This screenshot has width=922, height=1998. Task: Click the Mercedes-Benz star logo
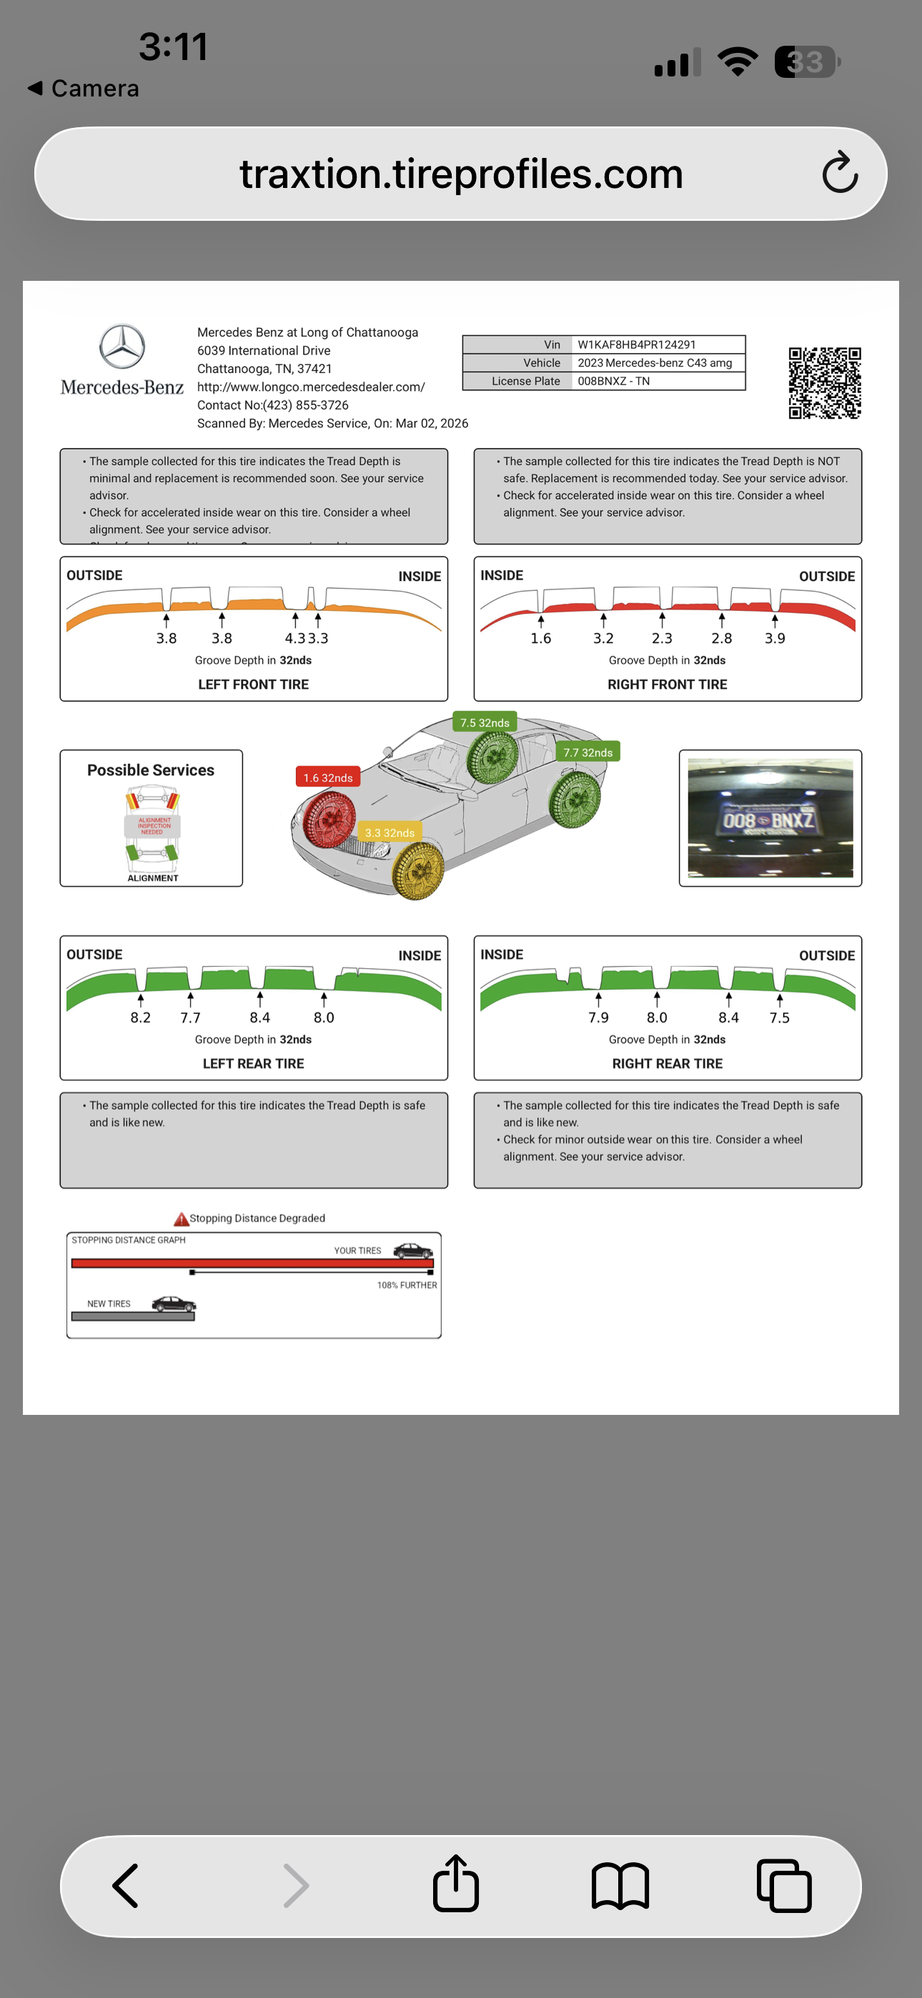click(x=122, y=346)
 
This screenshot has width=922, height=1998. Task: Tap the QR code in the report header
click(x=824, y=382)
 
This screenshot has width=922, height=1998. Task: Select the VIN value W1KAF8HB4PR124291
click(x=636, y=344)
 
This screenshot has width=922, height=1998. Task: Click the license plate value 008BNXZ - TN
click(x=613, y=381)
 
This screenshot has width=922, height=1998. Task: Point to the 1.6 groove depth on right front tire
click(x=540, y=638)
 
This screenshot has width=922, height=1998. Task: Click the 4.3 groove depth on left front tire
click(x=294, y=638)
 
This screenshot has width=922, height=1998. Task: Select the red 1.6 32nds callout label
click(x=327, y=777)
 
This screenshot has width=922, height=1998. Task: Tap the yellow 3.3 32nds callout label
click(x=390, y=832)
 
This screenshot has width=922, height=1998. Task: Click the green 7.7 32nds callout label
click(x=588, y=752)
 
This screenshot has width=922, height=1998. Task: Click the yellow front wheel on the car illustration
click(x=418, y=871)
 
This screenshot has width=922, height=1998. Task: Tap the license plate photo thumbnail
click(x=770, y=817)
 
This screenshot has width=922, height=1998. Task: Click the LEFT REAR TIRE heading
click(x=253, y=1063)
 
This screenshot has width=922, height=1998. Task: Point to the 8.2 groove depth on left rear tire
click(x=141, y=1018)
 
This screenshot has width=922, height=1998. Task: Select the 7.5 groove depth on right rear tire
click(x=779, y=1018)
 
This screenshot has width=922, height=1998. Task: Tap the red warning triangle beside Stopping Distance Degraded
click(x=181, y=1218)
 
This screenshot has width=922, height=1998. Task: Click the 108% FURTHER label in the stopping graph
click(x=407, y=1286)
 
